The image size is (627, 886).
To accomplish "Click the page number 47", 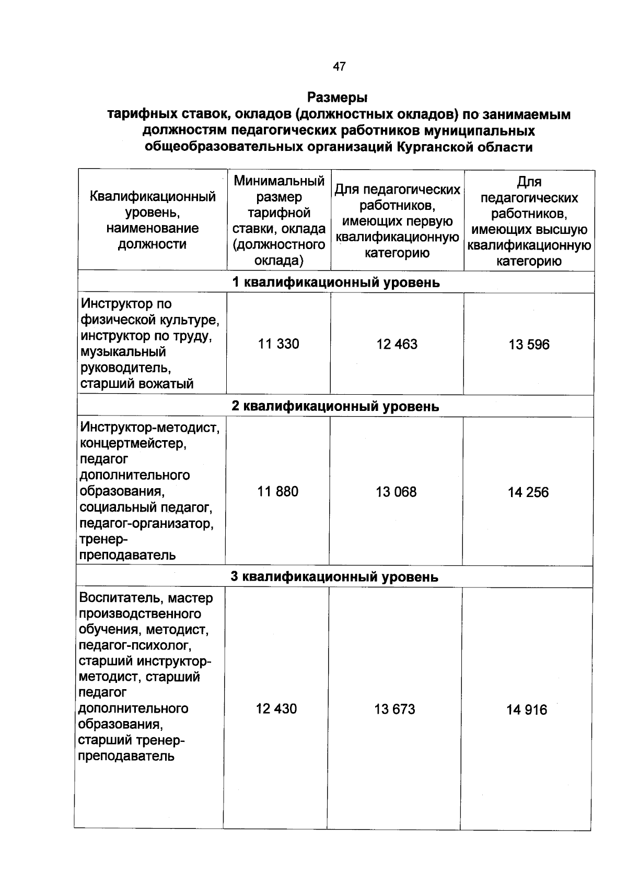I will click(339, 66).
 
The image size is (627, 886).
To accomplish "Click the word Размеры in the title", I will click(338, 98).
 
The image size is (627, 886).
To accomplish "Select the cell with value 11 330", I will click(278, 344).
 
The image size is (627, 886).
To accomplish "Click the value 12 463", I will click(397, 345).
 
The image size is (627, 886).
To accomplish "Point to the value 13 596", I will click(529, 345).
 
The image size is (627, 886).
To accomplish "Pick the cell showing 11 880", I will click(278, 492).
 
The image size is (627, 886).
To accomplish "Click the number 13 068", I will click(396, 492).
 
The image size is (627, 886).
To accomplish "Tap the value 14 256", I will click(528, 493).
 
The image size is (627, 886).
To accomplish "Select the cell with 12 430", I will click(276, 709).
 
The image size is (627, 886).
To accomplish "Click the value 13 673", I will click(394, 710).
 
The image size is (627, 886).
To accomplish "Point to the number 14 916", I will click(527, 710).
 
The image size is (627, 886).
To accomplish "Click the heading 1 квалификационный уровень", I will click(335, 282).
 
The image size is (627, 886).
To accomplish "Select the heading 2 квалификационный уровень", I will click(335, 406).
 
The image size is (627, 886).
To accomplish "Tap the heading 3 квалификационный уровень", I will click(334, 577).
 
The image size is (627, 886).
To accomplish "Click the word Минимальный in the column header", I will click(279, 181).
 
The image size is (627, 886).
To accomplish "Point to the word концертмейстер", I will click(133, 444).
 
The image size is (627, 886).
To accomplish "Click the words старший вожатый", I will click(136, 384).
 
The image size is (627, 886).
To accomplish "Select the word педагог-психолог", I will click(135, 645).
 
